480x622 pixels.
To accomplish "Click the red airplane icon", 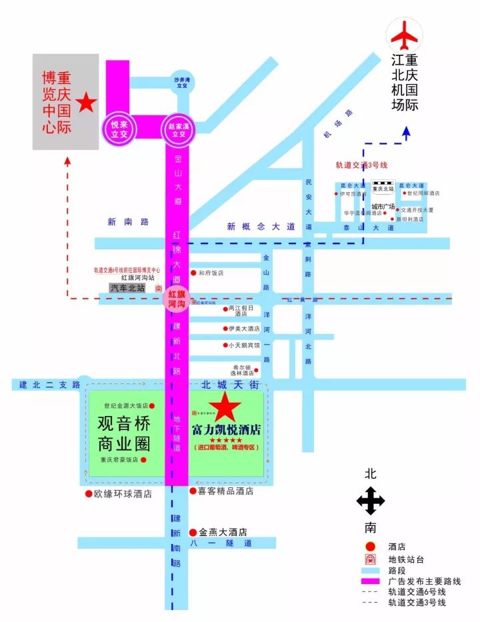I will tap(405, 35).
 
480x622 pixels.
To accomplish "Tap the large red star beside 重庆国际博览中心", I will tap(86, 103).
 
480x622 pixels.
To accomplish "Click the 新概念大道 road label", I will tap(260, 227).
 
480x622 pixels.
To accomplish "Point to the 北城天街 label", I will tap(228, 385).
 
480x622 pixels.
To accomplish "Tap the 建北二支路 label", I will tap(49, 385).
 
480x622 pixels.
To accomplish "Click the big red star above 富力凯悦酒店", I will tap(225, 407).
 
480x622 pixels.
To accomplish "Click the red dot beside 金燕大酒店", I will tap(193, 532).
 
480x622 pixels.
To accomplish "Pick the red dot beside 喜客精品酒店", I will tap(193, 491).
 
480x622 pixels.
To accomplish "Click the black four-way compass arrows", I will tap(371, 501).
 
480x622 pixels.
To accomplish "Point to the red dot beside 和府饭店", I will tap(193, 273).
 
